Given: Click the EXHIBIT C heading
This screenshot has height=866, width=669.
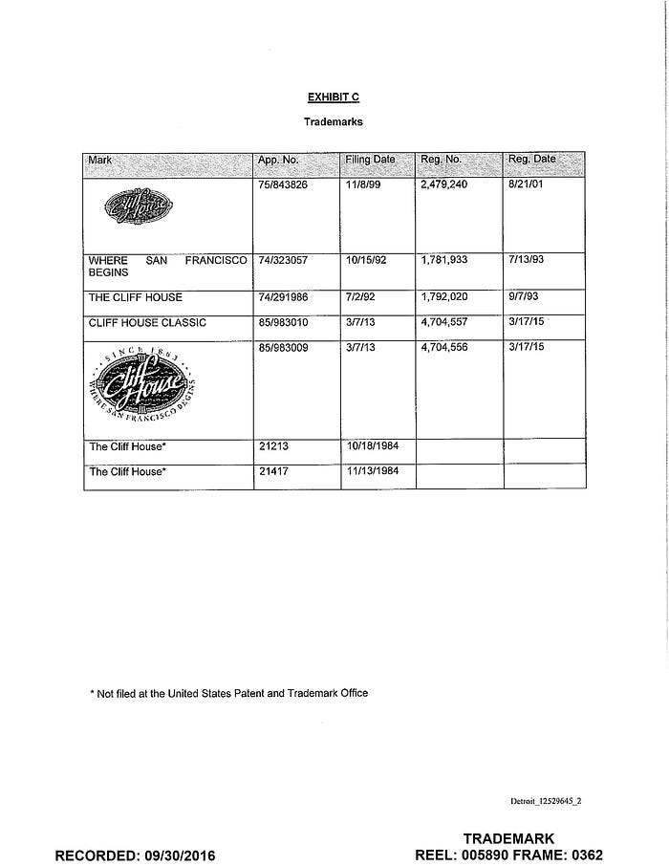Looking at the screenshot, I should coord(333,97).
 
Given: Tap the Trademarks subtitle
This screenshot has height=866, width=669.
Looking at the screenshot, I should coord(333,122).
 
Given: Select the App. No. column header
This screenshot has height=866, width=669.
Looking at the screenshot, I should coord(278,160).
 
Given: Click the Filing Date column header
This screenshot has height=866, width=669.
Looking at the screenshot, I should coord(370,160).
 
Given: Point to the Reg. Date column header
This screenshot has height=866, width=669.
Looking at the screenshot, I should coord(531,160).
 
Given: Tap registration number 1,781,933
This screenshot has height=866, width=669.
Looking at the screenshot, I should coord(443,260).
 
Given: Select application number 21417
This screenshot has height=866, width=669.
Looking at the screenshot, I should coord(272,471).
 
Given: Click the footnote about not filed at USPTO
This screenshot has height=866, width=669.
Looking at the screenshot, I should coord(228,693).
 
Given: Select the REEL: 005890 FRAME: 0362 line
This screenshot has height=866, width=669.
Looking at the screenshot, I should coord(509,855).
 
